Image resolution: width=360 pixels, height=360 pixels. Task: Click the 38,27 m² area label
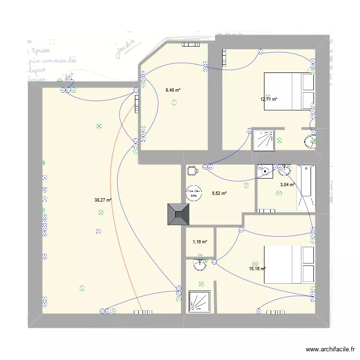point(103,200)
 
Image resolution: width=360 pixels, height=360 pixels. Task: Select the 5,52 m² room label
point(219,193)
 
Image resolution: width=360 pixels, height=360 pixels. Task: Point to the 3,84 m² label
point(287,184)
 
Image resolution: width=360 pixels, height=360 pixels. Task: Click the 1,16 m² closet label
point(200,242)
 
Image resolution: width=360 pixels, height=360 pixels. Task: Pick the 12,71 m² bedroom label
point(269,99)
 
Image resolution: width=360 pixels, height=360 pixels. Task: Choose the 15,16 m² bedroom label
point(257,269)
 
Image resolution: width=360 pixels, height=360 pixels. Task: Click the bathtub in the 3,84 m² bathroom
point(306,187)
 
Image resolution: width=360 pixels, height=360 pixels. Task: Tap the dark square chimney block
point(179,214)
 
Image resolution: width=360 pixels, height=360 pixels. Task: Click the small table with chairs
point(192,170)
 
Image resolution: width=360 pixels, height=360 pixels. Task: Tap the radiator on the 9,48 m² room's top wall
point(190,45)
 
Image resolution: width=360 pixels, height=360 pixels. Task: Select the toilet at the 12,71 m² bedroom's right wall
point(311,141)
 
